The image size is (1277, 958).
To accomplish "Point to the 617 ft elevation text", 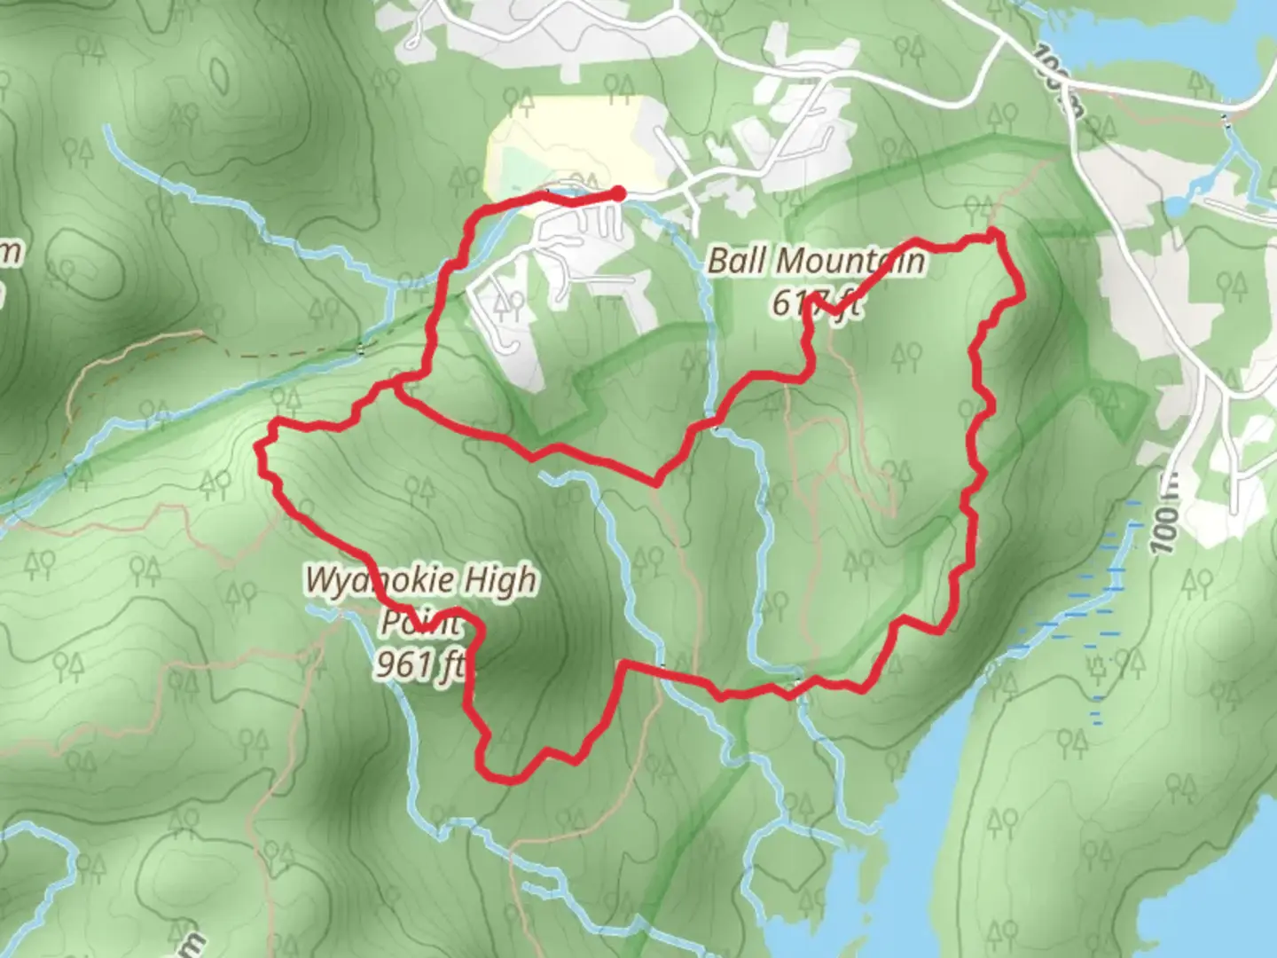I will (815, 303).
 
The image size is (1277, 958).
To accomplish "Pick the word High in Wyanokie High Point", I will (502, 580).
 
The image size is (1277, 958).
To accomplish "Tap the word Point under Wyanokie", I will (421, 622).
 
